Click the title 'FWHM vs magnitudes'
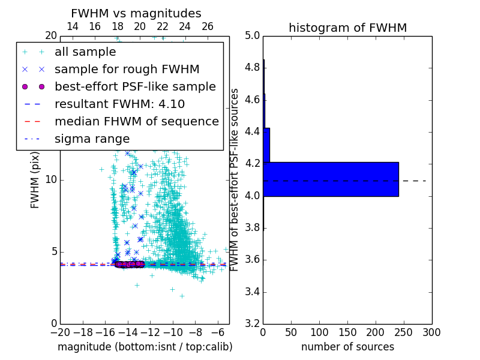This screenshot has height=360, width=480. tap(136, 13)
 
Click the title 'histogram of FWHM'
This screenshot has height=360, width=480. tap(347, 28)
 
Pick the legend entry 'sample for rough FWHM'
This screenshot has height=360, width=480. tap(127, 69)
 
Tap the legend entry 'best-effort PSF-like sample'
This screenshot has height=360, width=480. tap(135, 86)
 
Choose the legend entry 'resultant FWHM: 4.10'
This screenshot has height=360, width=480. tap(119, 104)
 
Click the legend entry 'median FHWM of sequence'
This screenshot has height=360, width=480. tap(136, 121)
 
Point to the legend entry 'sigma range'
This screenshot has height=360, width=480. tap(92, 139)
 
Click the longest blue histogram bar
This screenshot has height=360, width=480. tap(331, 179)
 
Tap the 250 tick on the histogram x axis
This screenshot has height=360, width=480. tap(404, 332)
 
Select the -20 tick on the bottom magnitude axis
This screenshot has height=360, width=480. tap(60, 332)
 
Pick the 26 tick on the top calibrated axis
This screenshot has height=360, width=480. tap(208, 26)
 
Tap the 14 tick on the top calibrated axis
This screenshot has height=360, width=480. tap(73, 26)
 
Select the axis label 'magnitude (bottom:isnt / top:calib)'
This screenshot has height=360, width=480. tap(145, 347)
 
